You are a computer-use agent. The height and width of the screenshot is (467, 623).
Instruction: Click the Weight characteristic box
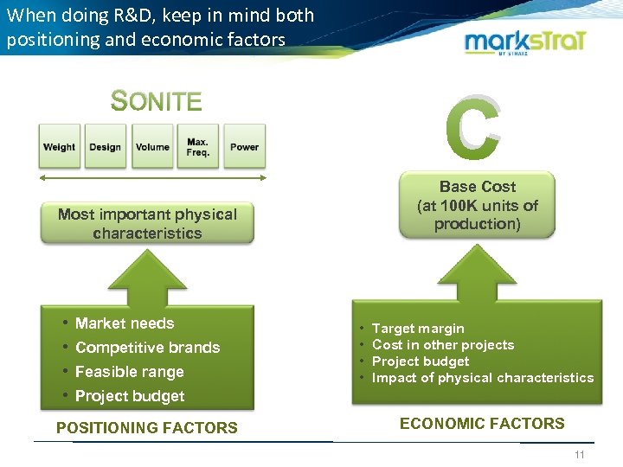click(59, 146)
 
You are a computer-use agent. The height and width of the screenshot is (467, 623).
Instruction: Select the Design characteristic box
click(106, 146)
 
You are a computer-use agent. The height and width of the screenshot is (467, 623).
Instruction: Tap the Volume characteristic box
click(152, 146)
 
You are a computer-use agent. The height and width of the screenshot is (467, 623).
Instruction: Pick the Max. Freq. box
click(198, 146)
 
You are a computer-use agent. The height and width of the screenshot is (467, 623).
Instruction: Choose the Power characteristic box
click(245, 146)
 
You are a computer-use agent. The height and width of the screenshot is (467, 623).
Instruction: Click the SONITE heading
click(157, 102)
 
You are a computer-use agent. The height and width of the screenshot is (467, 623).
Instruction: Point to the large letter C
click(472, 130)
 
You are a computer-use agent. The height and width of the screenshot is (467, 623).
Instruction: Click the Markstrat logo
click(526, 43)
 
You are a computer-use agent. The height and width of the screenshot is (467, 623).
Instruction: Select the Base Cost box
click(477, 205)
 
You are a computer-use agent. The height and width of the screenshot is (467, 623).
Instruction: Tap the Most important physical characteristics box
click(147, 223)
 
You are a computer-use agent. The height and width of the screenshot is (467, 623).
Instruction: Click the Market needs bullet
click(125, 323)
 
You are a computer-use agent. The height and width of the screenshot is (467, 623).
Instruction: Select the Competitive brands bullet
click(147, 348)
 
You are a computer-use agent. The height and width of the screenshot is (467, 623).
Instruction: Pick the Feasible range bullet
click(129, 372)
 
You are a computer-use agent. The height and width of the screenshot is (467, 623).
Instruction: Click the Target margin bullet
click(418, 329)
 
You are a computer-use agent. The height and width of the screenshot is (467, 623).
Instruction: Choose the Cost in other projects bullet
click(443, 345)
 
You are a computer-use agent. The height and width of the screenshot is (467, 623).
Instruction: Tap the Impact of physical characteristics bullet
click(483, 378)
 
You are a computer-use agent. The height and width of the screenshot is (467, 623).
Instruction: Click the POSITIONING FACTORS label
click(146, 427)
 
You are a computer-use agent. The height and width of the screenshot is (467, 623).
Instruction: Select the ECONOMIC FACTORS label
click(482, 423)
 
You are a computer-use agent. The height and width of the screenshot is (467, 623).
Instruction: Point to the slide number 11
click(580, 455)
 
